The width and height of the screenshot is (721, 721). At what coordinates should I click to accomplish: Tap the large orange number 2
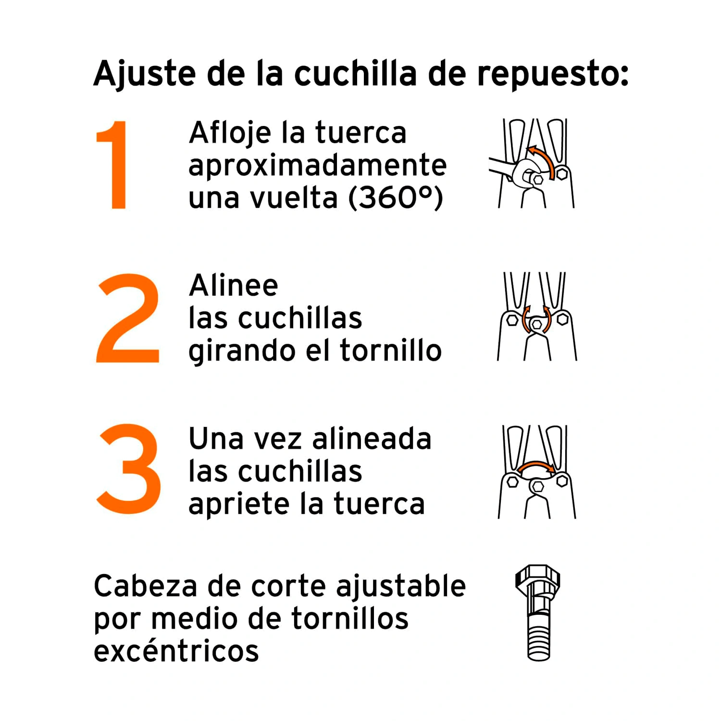128,318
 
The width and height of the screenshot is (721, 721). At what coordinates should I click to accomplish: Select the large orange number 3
129,469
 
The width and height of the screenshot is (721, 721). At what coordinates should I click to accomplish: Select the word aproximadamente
318,166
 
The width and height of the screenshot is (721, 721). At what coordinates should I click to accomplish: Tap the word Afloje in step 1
230,133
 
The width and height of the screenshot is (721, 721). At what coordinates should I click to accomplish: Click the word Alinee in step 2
234,286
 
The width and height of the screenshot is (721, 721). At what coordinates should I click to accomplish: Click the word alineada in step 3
372,439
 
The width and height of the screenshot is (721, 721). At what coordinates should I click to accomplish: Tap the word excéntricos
176,651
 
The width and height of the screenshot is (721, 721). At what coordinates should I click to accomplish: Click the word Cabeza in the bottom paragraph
145,586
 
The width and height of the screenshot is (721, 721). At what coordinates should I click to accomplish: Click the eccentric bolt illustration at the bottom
538,613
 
